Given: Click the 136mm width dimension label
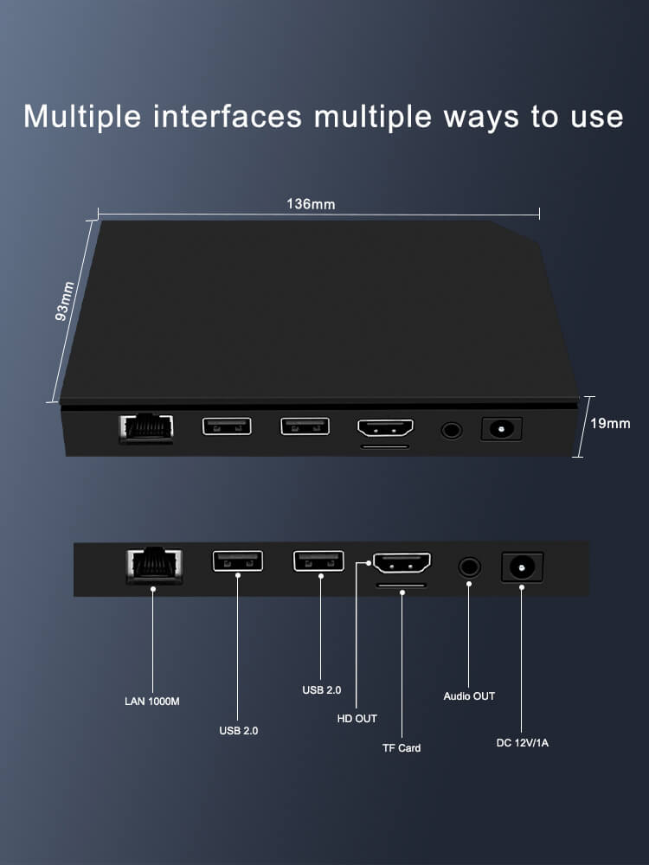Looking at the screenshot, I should (x=311, y=205).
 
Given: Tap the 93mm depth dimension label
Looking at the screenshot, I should (x=65, y=301).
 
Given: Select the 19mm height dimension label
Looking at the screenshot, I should (x=610, y=424).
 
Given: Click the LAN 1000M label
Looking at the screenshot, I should (x=152, y=701).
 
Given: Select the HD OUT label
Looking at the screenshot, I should (x=357, y=719).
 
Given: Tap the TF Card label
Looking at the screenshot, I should (x=402, y=747).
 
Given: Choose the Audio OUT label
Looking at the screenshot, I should (x=469, y=696).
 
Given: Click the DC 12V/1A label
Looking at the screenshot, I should (x=522, y=742).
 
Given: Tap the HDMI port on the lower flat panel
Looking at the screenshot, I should (x=402, y=564).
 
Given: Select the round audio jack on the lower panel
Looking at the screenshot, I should (x=469, y=567).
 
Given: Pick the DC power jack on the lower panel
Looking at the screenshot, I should (x=522, y=567).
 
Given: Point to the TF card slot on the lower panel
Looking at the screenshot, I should (x=402, y=586).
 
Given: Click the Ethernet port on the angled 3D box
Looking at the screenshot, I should (x=145, y=427).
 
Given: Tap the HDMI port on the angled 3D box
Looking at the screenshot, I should (x=385, y=428).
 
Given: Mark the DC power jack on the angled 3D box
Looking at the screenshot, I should (x=501, y=428).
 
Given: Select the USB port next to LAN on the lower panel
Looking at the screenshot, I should (x=237, y=561).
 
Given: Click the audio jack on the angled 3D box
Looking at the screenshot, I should (x=451, y=428).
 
